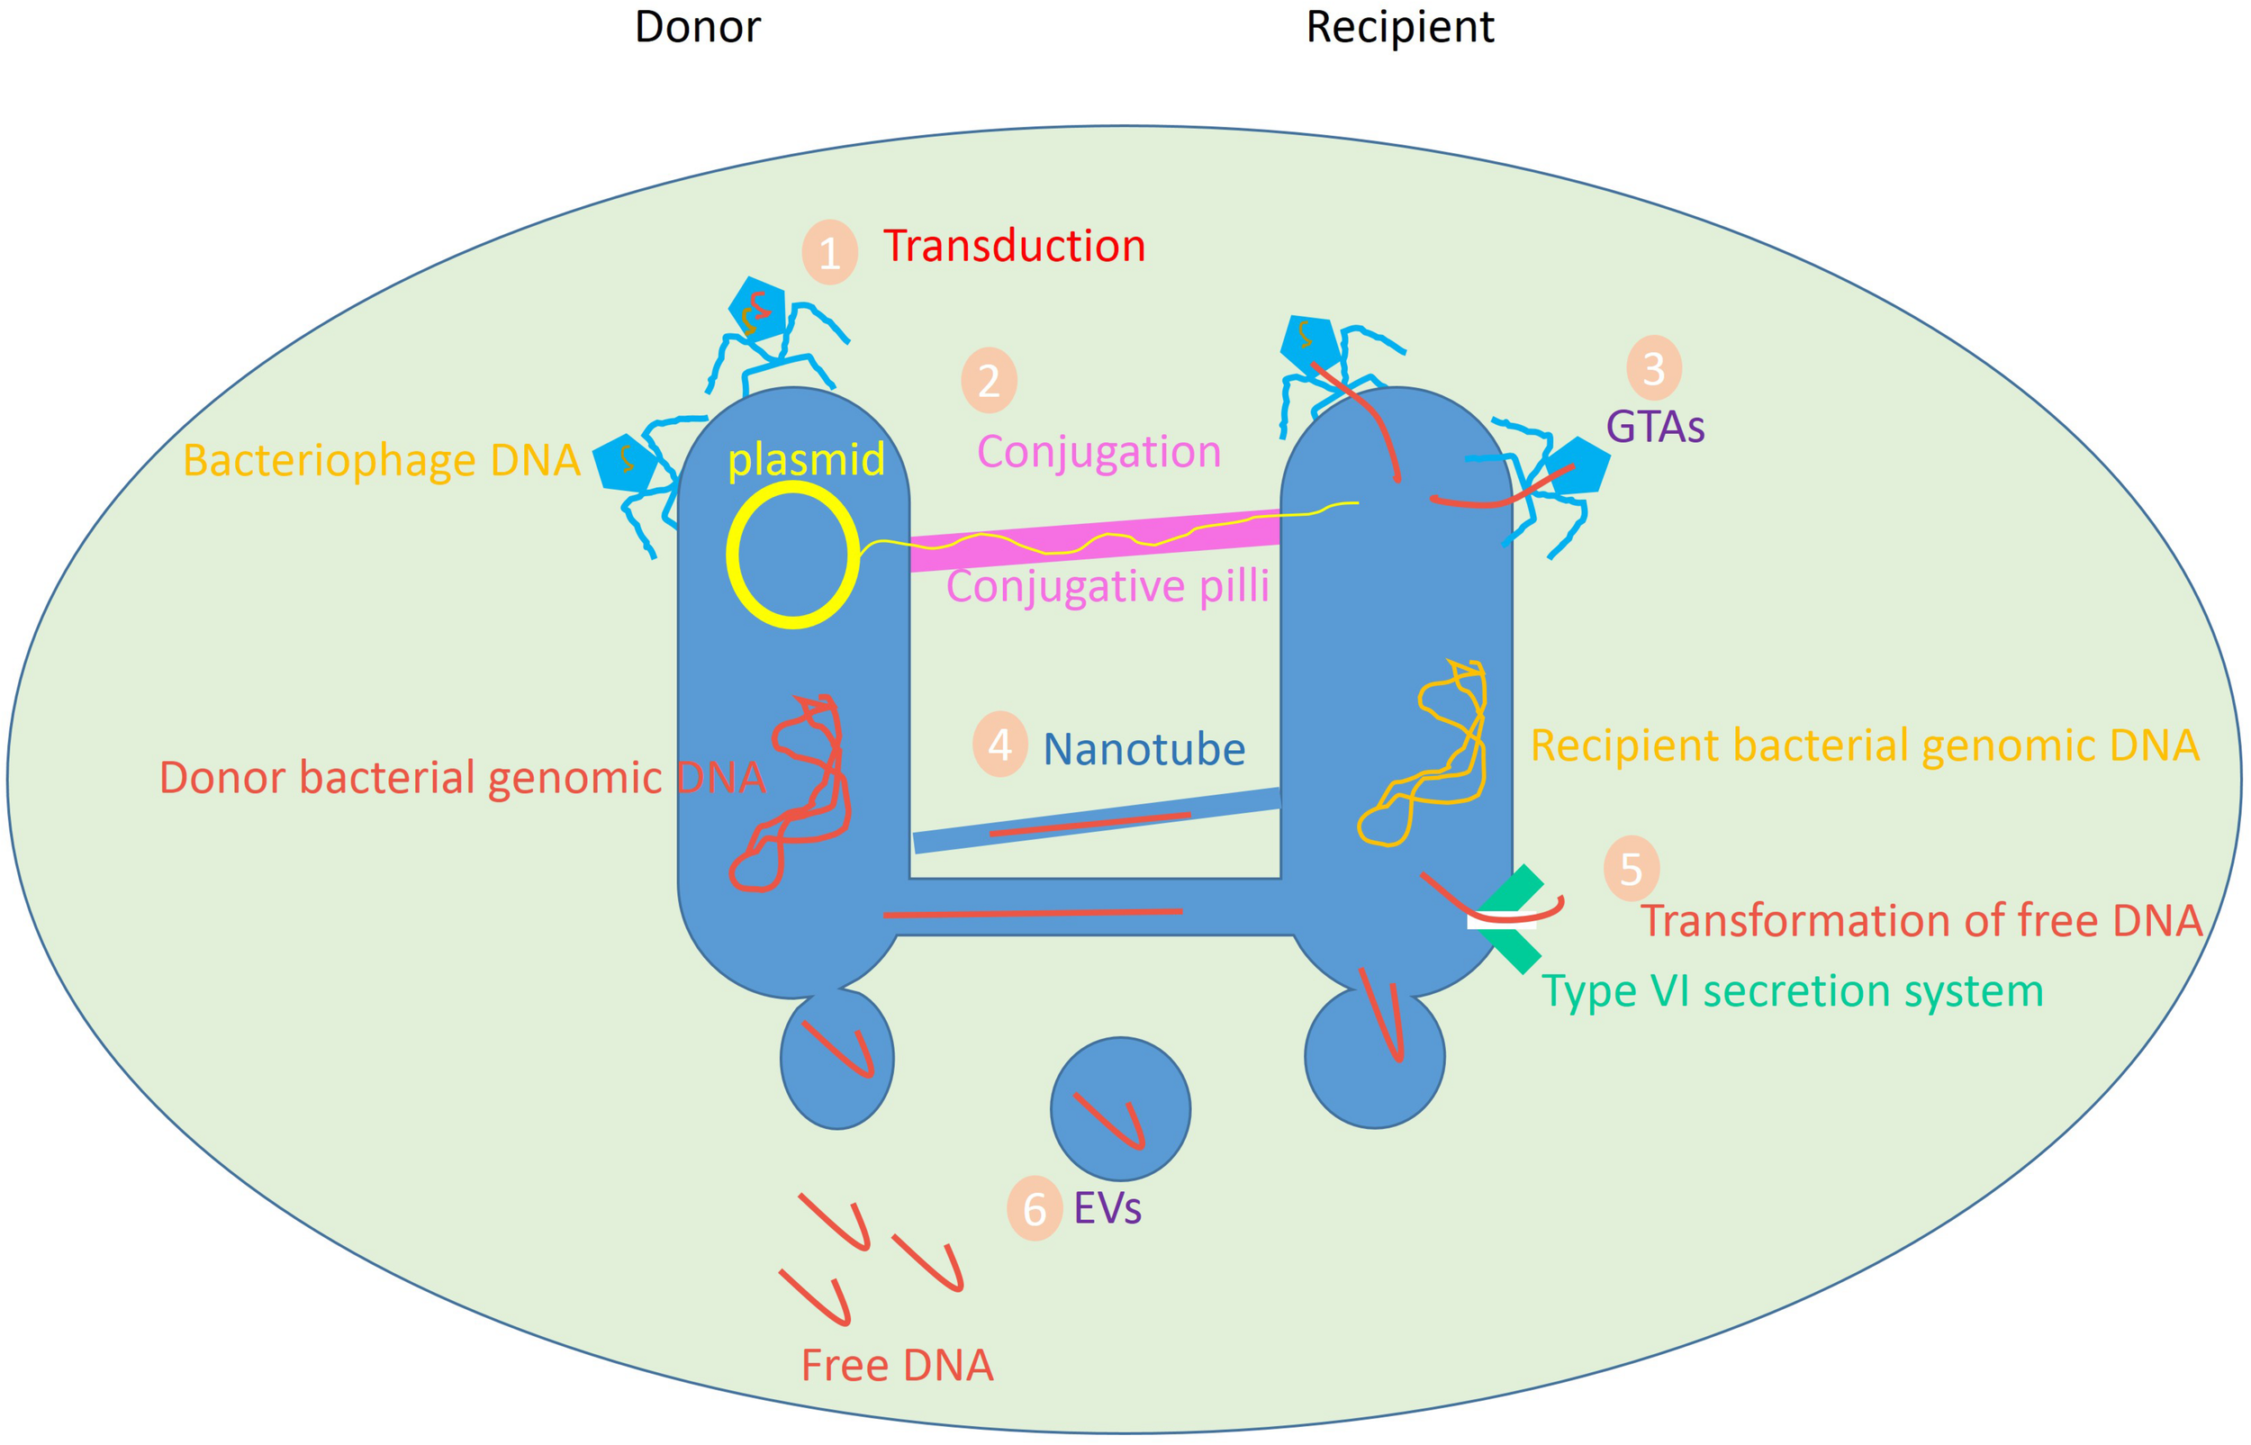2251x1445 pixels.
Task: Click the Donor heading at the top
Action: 697,27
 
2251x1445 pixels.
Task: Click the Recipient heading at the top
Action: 1399,27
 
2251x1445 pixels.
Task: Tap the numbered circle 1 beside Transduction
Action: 829,252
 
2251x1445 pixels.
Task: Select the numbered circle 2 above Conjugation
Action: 989,380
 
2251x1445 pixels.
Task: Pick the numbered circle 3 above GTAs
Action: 1653,369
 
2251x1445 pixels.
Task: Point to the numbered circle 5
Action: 1631,869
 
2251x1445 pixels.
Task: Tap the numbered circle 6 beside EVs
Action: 1034,1208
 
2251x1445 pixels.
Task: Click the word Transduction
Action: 1013,247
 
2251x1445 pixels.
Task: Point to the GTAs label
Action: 1654,427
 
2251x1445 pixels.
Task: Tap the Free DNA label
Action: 896,1365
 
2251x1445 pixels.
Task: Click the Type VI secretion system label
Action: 1792,992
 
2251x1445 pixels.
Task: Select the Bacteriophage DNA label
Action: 381,461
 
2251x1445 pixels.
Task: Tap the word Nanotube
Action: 1144,750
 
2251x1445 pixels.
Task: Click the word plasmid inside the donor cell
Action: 806,460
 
